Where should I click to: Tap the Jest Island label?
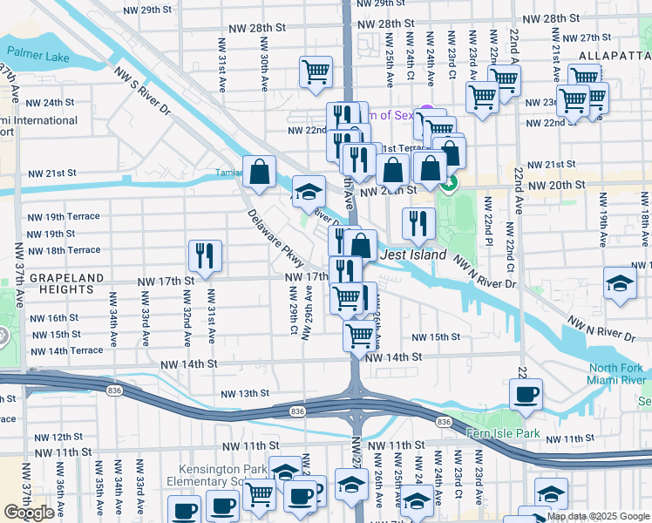pos(413,255)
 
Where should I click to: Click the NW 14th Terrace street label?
pos(65,350)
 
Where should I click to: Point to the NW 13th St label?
pos(245,394)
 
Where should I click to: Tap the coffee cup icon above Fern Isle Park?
pos(526,394)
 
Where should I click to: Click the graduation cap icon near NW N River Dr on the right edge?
pos(620,283)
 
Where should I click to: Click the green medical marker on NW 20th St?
pos(448,184)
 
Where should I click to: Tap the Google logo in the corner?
pos(29,513)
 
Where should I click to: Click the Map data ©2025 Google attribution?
pos(597,516)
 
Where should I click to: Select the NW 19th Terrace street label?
pos(64,216)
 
